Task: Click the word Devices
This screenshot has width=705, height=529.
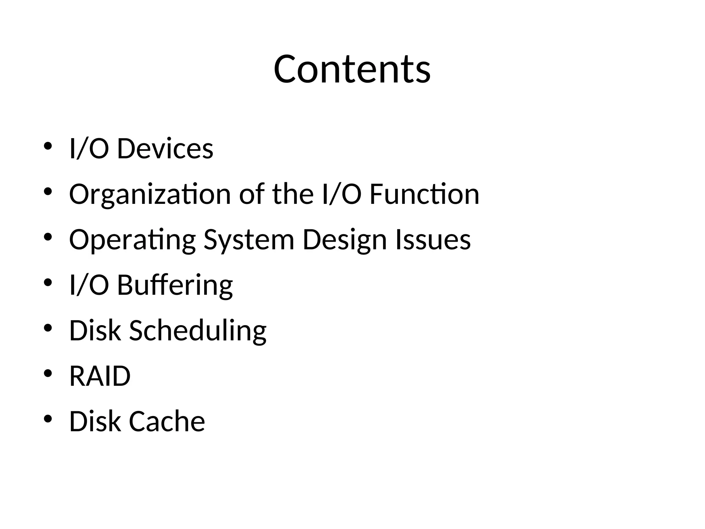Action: (165, 149)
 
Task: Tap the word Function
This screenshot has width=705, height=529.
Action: (424, 194)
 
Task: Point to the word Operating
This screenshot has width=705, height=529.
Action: (132, 240)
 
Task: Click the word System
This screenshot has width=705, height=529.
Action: (249, 240)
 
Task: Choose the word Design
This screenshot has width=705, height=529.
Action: (345, 240)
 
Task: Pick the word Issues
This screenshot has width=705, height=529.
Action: (433, 240)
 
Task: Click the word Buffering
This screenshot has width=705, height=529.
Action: (175, 285)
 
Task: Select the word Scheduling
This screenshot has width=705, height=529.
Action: (198, 331)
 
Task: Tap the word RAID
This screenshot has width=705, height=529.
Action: (100, 376)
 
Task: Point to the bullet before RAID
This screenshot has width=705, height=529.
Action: (48, 373)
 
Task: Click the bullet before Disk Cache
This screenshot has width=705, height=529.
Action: (48, 419)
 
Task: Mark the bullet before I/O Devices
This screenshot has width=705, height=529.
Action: (48, 146)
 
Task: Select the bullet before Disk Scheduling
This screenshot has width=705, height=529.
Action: (48, 328)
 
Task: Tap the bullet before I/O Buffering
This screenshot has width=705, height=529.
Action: (48, 282)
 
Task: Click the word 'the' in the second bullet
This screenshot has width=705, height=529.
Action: (293, 194)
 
